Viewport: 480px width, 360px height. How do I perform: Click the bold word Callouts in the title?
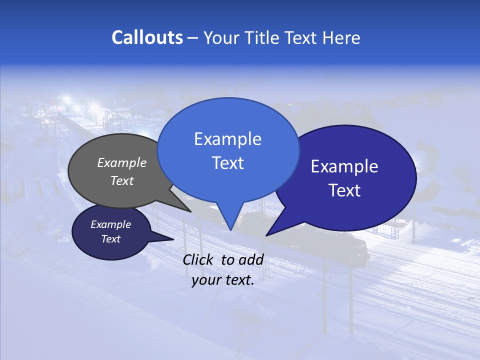pos(147,37)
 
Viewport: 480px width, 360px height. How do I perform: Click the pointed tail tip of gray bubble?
pos(191,211)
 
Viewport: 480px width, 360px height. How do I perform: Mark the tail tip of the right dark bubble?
pos(266,235)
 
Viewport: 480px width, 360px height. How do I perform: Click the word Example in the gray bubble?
pos(121,162)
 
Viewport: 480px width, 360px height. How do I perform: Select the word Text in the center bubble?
pos(228,163)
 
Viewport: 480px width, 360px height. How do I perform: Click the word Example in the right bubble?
pos(344,166)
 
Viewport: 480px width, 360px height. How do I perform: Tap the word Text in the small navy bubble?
pos(111,239)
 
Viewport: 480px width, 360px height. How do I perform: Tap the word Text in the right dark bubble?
pos(345,190)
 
